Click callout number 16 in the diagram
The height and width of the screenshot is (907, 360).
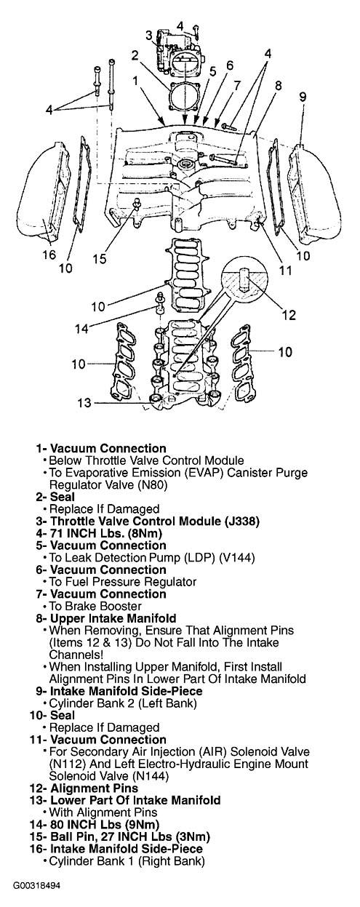pyautogui.click(x=49, y=255)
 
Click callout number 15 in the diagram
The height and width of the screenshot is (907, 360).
pyautogui.click(x=100, y=259)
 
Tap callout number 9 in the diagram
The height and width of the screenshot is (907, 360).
pyautogui.click(x=303, y=97)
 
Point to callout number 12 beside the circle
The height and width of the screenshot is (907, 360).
pyautogui.click(x=289, y=315)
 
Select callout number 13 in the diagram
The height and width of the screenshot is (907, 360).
pyautogui.click(x=84, y=403)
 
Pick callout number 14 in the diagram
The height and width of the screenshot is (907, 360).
pyautogui.click(x=81, y=328)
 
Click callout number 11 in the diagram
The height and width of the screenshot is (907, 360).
pyautogui.click(x=286, y=270)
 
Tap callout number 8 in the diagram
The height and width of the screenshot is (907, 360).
pyautogui.click(x=278, y=86)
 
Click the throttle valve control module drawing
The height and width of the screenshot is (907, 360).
pyautogui.click(x=179, y=52)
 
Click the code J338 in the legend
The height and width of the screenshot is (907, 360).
pyautogui.click(x=241, y=521)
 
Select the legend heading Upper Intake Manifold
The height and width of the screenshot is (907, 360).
pyautogui.click(x=113, y=618)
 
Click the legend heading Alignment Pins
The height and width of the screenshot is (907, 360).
pyautogui.click(x=94, y=788)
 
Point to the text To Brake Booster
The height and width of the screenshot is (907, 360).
pyautogui.click(x=95, y=606)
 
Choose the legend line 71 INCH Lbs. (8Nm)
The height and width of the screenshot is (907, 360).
pyautogui.click(x=99, y=533)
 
